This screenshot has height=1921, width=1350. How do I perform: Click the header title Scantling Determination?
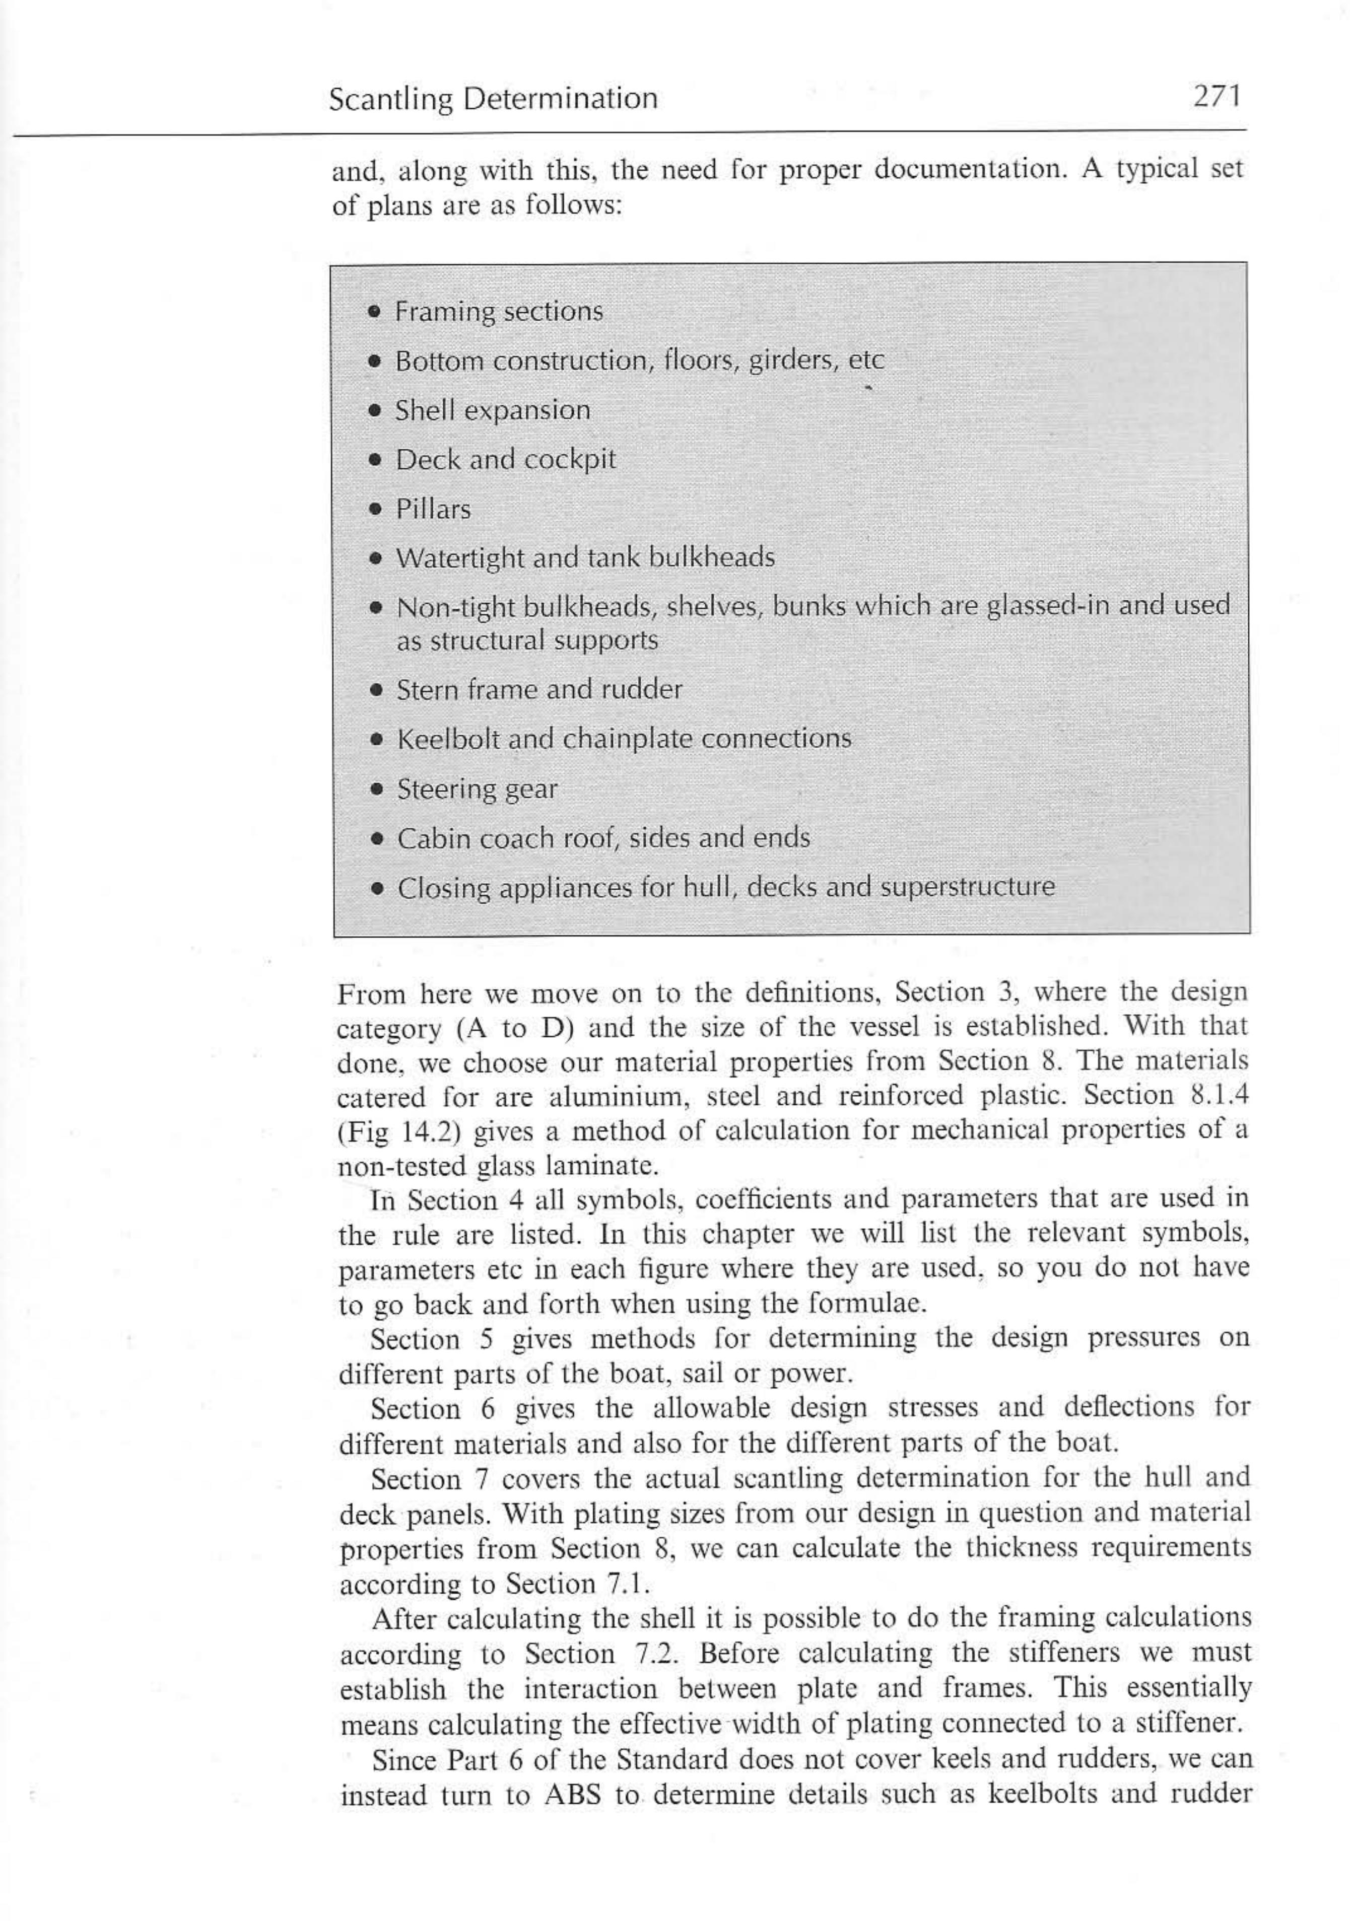pyautogui.click(x=493, y=100)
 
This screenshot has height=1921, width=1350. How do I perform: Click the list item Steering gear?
pyautogui.click(x=476, y=789)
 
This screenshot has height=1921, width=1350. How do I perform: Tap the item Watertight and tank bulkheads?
pyautogui.click(x=584, y=557)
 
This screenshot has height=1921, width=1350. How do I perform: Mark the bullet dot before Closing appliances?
pyautogui.click(x=378, y=888)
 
